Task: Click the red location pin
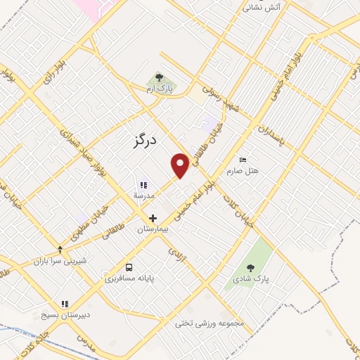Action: (181, 165)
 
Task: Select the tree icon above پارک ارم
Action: (159, 77)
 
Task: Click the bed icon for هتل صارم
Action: (243, 160)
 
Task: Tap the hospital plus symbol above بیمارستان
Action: (153, 218)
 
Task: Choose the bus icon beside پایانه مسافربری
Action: (129, 267)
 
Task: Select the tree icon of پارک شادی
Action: (251, 267)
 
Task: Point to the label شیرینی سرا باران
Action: (60, 261)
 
